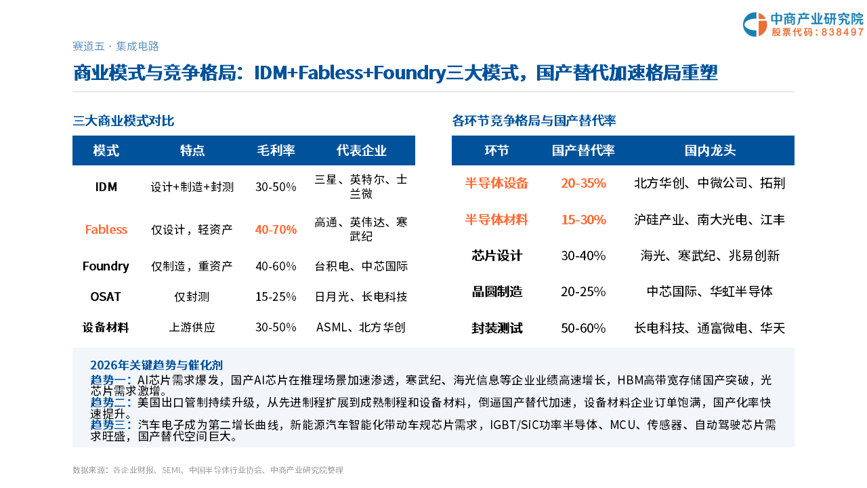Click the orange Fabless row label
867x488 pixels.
click(x=106, y=229)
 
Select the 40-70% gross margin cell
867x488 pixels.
click(x=276, y=229)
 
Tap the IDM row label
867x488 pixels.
click(x=106, y=187)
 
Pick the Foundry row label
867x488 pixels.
click(x=106, y=266)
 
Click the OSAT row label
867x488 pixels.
click(x=106, y=297)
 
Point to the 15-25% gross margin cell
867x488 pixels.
click(x=276, y=297)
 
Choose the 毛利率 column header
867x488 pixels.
click(x=276, y=150)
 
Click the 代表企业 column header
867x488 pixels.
click(x=361, y=150)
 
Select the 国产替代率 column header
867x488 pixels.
click(x=583, y=150)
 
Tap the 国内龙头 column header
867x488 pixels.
click(x=710, y=150)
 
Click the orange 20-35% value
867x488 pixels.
click(x=583, y=183)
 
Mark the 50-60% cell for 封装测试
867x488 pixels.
click(x=583, y=329)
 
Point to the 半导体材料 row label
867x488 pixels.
click(x=496, y=220)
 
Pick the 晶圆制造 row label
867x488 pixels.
click(x=496, y=291)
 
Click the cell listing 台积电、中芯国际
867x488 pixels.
click(x=361, y=266)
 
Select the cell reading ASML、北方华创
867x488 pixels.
click(x=361, y=327)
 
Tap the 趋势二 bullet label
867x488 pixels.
click(x=110, y=403)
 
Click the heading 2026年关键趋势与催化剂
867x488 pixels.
click(x=156, y=365)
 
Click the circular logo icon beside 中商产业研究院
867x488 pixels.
click(x=755, y=24)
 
